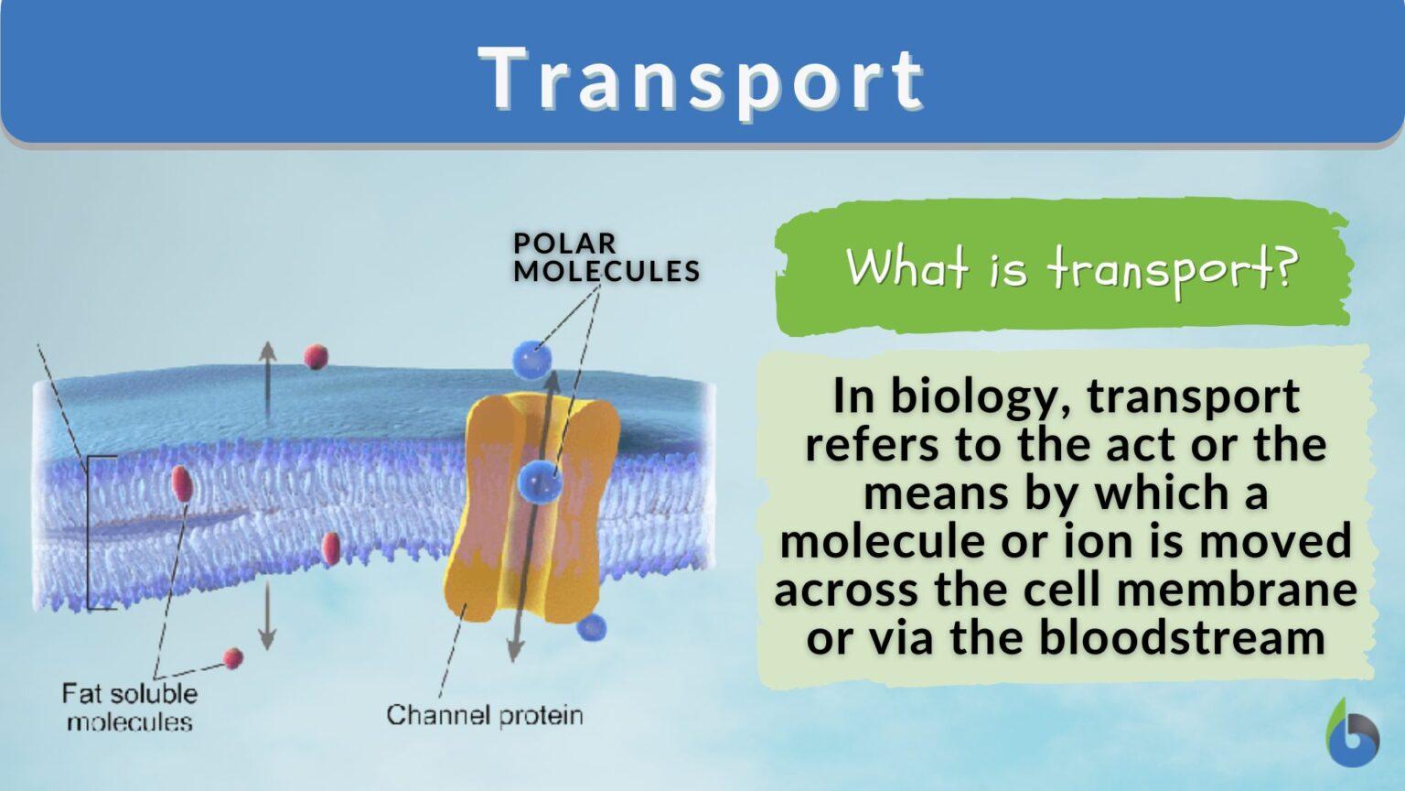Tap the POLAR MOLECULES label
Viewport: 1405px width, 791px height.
606,257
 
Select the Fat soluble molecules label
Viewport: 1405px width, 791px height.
129,707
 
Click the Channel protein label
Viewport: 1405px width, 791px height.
484,715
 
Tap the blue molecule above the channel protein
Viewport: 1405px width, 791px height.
531,359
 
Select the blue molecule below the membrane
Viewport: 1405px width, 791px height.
593,627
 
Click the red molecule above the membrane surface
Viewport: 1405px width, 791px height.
316,356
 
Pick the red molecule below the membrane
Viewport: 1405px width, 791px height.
233,657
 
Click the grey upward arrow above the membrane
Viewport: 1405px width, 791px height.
266,375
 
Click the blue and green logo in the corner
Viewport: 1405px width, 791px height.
1351,734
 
